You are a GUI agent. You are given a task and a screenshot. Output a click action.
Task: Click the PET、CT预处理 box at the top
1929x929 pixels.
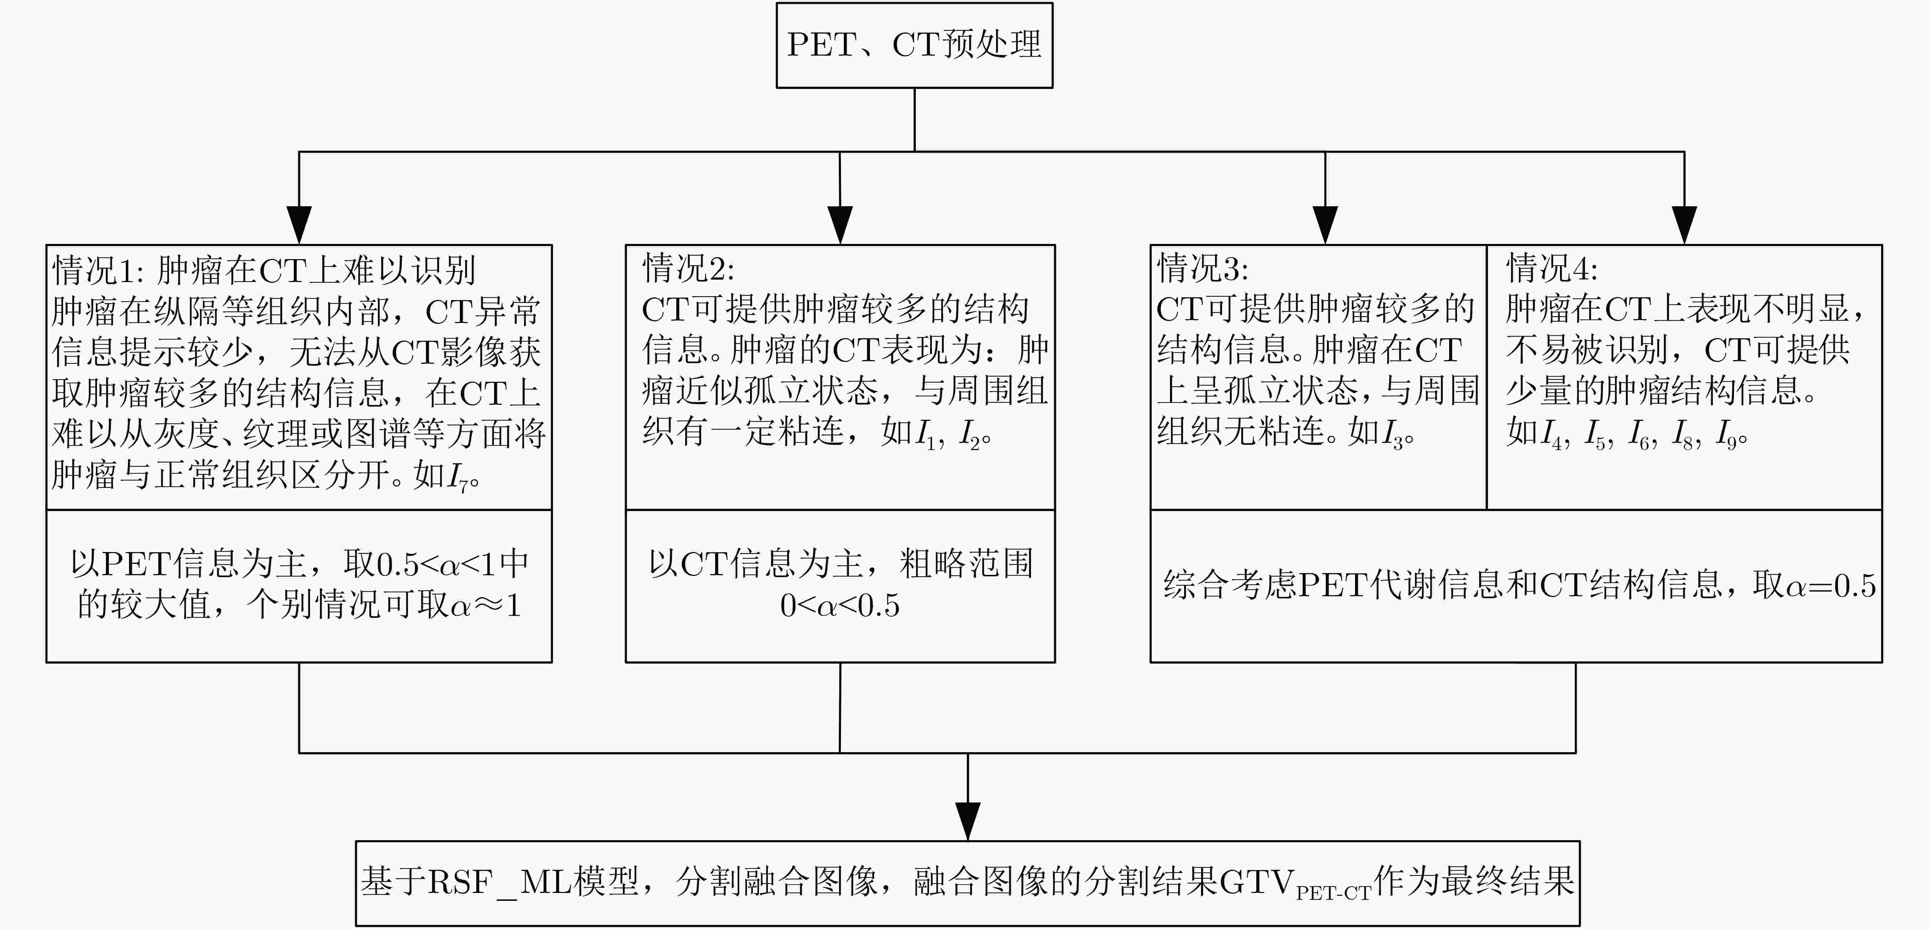click(914, 45)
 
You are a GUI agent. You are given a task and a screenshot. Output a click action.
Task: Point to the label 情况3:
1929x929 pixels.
click(1202, 267)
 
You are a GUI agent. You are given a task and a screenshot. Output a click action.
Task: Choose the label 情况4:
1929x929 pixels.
click(1551, 267)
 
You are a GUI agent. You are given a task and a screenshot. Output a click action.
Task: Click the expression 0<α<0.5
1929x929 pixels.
click(840, 605)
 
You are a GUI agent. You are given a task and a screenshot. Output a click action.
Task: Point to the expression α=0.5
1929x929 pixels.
click(1831, 585)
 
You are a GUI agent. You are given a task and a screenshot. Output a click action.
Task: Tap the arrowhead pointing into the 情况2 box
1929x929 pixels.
click(840, 225)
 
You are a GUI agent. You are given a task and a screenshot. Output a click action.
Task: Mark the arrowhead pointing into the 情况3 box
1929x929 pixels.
click(1325, 225)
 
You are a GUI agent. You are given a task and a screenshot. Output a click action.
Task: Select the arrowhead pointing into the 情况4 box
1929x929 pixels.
click(1684, 225)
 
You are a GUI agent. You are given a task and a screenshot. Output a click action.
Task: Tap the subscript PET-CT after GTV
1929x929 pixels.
click(1333, 893)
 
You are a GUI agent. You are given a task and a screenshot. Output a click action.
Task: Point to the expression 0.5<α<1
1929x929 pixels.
click(437, 564)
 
